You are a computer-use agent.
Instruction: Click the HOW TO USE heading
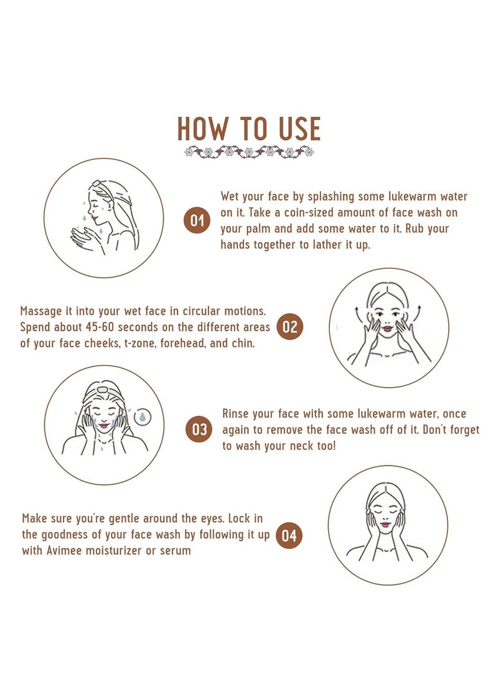coord(249,129)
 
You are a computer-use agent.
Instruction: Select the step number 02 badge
coord(289,327)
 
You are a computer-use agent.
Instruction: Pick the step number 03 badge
coord(199,429)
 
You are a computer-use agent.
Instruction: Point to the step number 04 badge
coord(289,535)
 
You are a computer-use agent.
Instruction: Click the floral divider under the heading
coord(249,152)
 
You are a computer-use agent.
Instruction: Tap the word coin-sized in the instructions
coord(308,213)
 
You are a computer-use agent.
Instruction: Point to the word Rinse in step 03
coord(236,413)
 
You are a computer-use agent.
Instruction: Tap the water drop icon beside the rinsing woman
coord(143,416)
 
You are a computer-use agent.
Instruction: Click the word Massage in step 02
coord(41,311)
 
